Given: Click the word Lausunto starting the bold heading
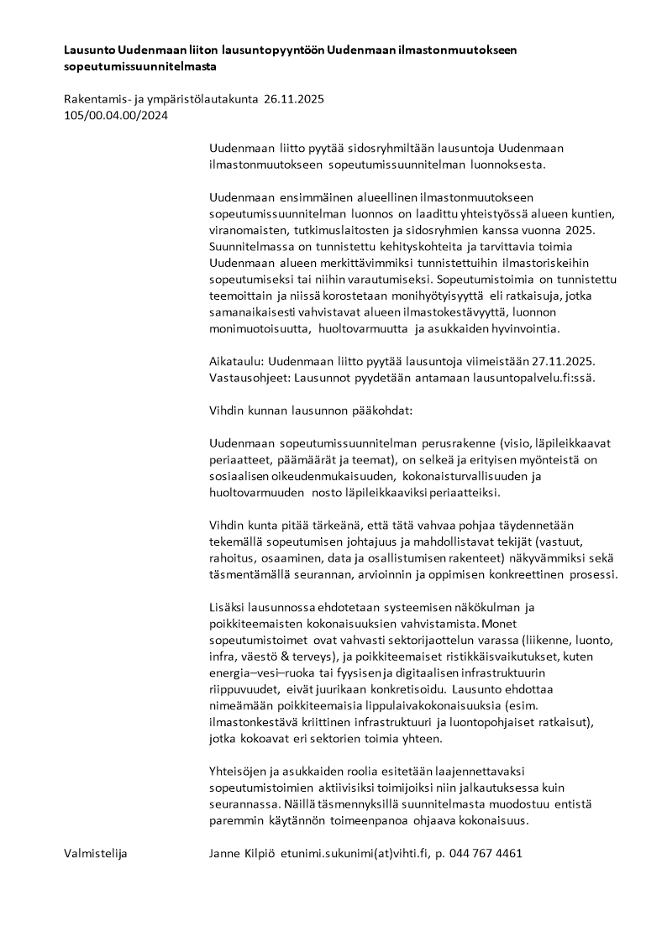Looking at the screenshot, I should (90, 50).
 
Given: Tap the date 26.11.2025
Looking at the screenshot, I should (293, 100).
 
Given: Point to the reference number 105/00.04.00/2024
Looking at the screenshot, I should (116, 116).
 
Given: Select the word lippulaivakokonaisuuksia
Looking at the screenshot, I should (457, 705).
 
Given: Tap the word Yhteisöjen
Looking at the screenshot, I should (239, 770).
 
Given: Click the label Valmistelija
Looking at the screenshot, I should (94, 853).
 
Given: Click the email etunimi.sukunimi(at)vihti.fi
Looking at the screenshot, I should (355, 853).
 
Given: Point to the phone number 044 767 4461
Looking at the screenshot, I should (491, 853).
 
